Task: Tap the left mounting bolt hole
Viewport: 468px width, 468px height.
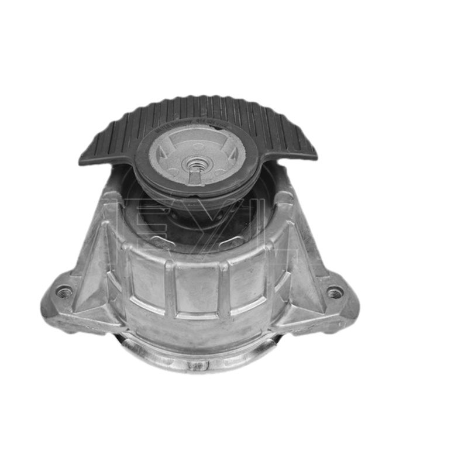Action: pyautogui.click(x=64, y=291)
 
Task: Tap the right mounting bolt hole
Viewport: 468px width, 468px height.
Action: pyautogui.click(x=334, y=292)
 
